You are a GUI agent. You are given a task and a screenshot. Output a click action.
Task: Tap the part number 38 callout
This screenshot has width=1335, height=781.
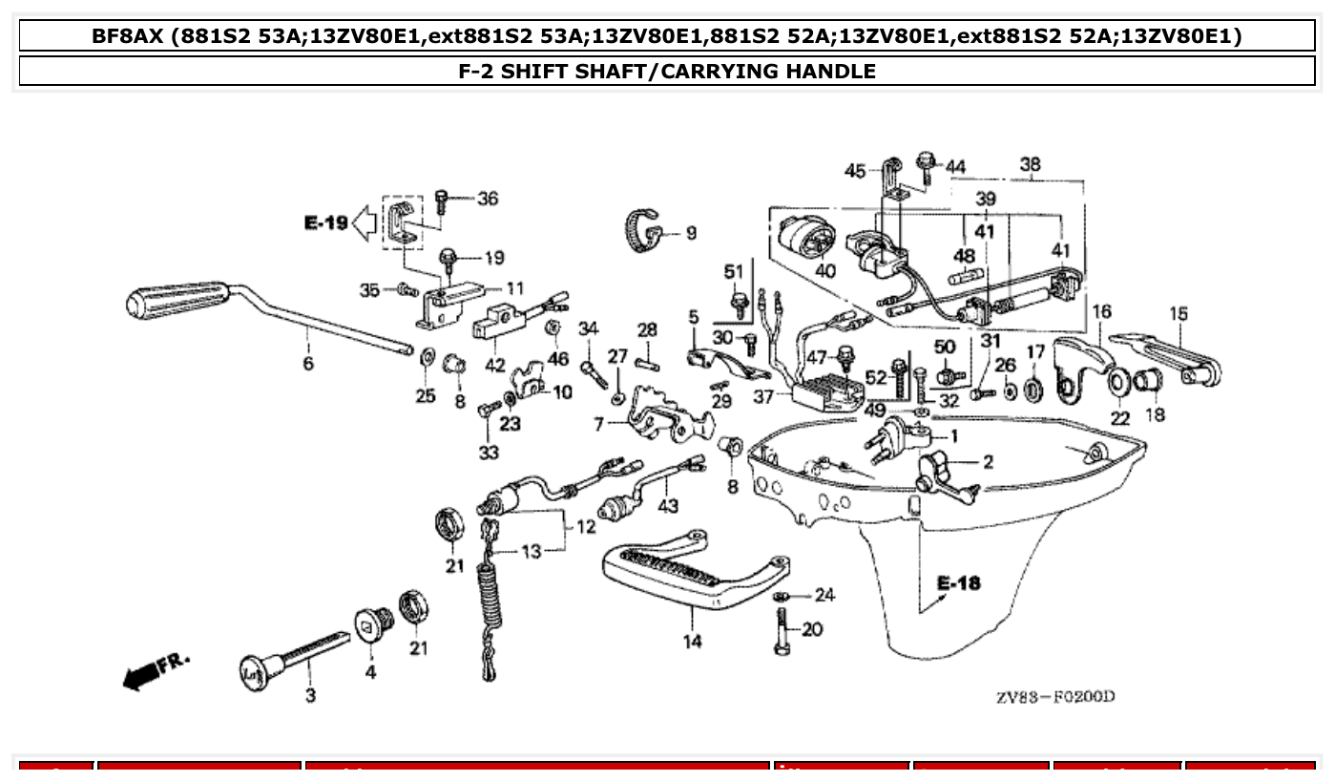pyautogui.click(x=1030, y=164)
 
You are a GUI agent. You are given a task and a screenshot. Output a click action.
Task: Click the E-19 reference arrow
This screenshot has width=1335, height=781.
pyautogui.click(x=364, y=223)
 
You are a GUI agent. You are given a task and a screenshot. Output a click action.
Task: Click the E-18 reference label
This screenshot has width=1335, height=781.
pyautogui.click(x=958, y=583)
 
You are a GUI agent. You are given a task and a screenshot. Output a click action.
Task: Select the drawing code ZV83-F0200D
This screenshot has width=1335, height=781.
pyautogui.click(x=1054, y=696)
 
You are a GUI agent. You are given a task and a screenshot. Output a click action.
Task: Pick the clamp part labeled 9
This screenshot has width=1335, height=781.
pyautogui.click(x=646, y=230)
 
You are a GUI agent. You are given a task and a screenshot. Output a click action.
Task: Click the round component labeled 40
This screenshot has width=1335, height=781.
pyautogui.click(x=807, y=239)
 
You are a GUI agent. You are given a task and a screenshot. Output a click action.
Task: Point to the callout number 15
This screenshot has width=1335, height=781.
pyautogui.click(x=1179, y=313)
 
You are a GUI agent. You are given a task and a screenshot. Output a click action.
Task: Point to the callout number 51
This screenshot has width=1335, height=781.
pyautogui.click(x=733, y=272)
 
